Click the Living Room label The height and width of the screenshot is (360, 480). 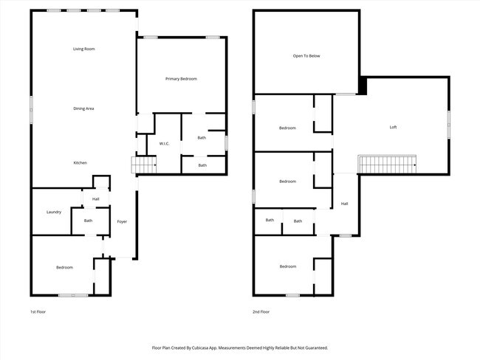point(83,49)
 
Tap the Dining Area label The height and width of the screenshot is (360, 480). point(83,108)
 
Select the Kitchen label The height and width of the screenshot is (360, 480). point(80,162)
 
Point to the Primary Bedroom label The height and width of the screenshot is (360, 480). point(181,78)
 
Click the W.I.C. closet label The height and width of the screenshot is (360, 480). point(164,143)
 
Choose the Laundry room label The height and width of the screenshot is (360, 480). point(53,212)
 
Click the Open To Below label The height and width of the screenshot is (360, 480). point(306,55)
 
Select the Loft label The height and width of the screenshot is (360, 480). point(393,127)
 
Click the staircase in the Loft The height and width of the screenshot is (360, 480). point(387,163)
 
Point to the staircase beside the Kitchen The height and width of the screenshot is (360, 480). point(143,165)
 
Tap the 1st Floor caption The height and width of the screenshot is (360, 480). point(38,312)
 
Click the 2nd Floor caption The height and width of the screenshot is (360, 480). point(261,312)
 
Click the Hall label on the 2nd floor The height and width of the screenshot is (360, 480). point(344,204)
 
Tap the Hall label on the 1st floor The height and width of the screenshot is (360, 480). point(95,199)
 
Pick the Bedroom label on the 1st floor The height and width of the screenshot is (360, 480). point(64,267)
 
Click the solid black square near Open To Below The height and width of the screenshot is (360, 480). point(362,85)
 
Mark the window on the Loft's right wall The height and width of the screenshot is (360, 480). point(448,126)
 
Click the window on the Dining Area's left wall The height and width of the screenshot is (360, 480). point(31,109)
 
